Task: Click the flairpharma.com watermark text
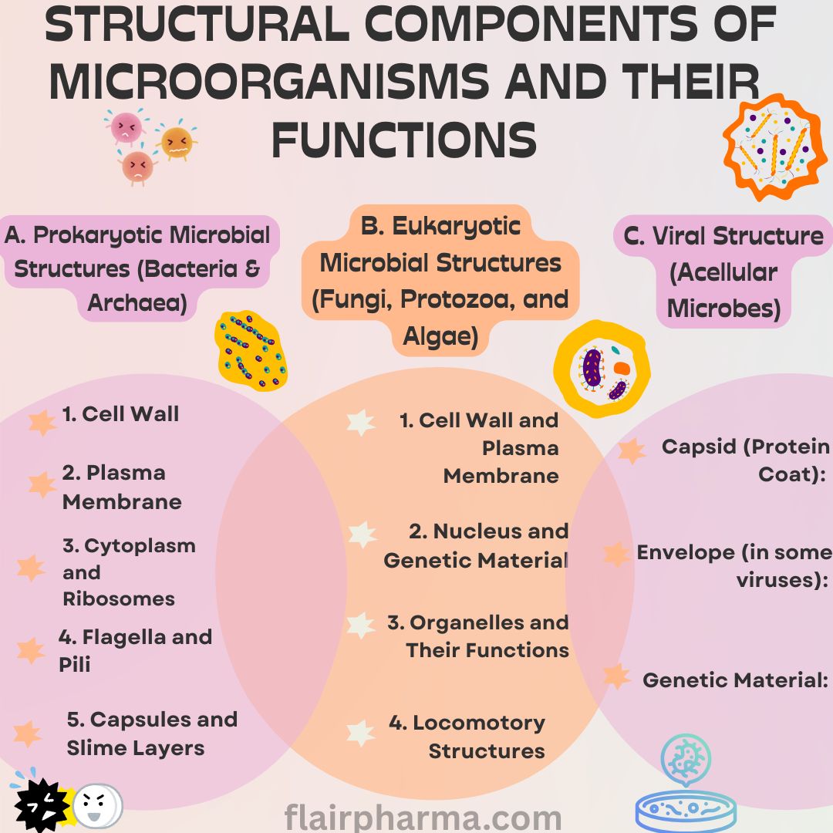point(423,817)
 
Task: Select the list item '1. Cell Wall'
point(120,414)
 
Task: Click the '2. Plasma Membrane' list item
point(122,487)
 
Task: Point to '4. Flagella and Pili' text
point(135,650)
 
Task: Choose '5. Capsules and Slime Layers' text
point(152,734)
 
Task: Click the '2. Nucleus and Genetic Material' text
point(477,545)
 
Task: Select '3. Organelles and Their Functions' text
point(478,636)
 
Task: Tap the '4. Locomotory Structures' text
point(467,737)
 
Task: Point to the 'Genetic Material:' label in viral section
point(735,680)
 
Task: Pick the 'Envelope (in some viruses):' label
point(734,566)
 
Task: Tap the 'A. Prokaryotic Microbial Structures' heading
point(139,268)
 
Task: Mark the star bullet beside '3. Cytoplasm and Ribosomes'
point(31,568)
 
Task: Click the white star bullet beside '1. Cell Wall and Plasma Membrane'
point(360,422)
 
